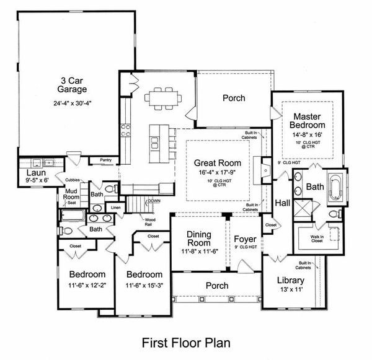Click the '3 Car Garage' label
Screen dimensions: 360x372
73,85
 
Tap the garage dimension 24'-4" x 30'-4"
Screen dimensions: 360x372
73,103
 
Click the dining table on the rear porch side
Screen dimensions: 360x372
161,98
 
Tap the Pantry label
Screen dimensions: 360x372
105,160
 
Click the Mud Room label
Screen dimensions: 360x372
71,196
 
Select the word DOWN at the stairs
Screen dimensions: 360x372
154,201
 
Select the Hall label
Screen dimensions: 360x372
283,203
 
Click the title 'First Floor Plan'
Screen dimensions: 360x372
186,341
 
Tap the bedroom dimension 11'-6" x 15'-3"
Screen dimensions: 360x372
144,285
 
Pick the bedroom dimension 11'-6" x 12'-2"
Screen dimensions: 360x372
87,285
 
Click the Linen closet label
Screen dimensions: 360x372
116,207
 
